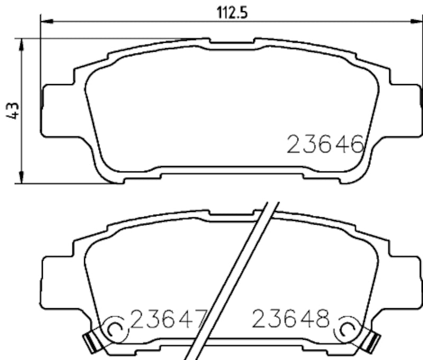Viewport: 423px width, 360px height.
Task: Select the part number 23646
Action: pos(325,144)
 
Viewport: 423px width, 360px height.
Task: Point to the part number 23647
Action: pos(167,319)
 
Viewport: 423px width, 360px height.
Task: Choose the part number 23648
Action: pos(290,319)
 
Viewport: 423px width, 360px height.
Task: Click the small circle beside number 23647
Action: pos(115,329)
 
